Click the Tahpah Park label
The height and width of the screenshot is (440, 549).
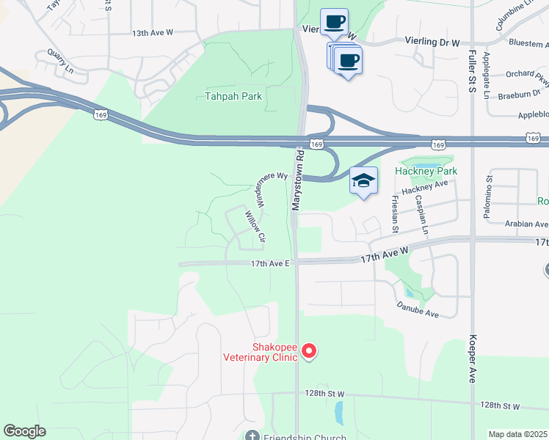pyautogui.click(x=233, y=96)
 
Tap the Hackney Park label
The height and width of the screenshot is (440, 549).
pyautogui.click(x=426, y=171)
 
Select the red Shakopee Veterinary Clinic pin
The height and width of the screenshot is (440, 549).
pyautogui.click(x=309, y=353)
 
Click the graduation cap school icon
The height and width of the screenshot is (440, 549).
pyautogui.click(x=363, y=180)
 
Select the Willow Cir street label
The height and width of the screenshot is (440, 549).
pyautogui.click(x=255, y=227)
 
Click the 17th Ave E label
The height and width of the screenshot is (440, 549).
pyautogui.click(x=271, y=263)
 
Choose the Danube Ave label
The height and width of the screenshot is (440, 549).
pyautogui.click(x=418, y=309)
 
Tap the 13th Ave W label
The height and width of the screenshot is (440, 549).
pyautogui.click(x=153, y=33)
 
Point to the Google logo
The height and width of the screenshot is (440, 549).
pyautogui.click(x=25, y=431)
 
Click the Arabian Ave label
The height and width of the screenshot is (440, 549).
pyautogui.click(x=526, y=224)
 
